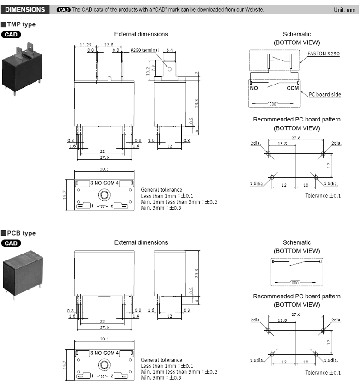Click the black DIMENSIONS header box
25,10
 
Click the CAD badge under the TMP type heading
12,34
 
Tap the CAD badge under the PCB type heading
12,243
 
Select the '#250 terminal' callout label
144,50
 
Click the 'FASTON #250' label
324,54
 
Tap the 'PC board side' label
325,95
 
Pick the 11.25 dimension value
85,45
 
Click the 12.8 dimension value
109,45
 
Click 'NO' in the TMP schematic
254,88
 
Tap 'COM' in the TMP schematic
293,88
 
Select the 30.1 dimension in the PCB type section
104,339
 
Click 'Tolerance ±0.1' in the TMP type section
323,196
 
